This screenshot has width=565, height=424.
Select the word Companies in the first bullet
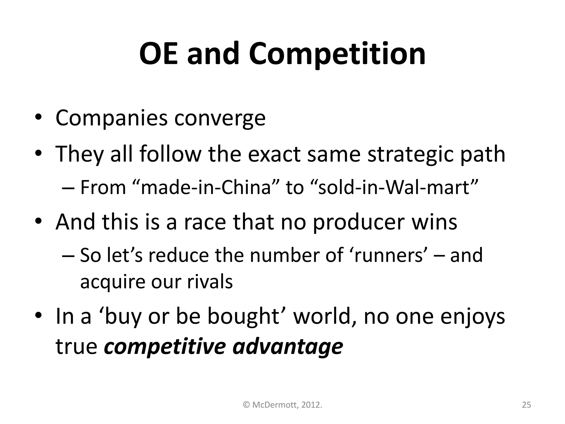tap(111, 118)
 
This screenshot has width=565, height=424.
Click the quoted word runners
tap(388, 255)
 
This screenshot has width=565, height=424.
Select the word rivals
tap(210, 282)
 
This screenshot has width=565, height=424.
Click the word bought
tap(244, 317)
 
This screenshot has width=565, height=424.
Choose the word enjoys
tap(472, 317)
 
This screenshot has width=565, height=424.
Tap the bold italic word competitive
tap(165, 347)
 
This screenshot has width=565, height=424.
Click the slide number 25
tap(526, 405)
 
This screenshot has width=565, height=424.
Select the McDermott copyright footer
tap(282, 405)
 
